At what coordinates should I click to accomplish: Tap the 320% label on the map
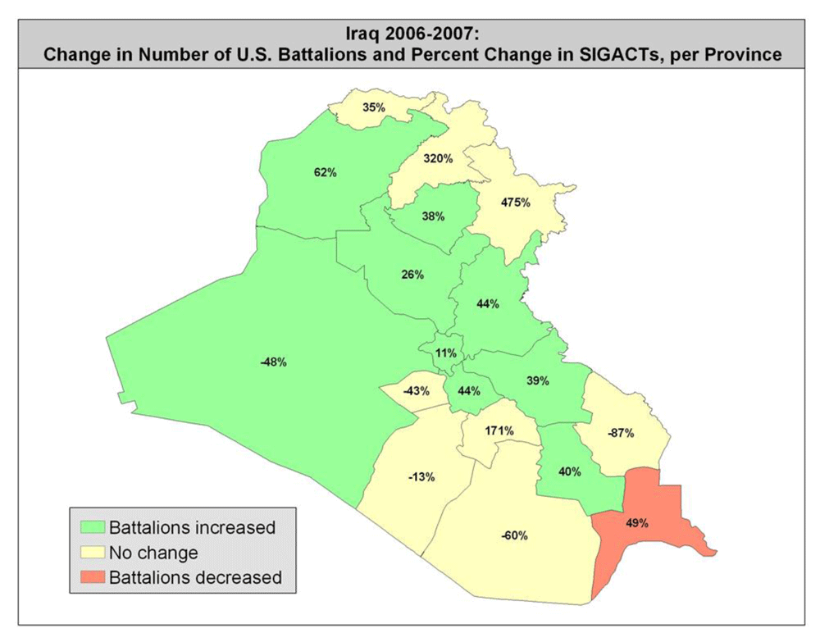click(438, 158)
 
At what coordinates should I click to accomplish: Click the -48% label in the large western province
click(272, 362)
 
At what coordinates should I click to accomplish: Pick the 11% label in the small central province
click(445, 353)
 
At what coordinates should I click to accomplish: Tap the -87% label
click(620, 433)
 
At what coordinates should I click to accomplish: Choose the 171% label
click(499, 430)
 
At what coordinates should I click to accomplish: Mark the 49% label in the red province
click(637, 522)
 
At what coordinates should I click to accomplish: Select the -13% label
click(421, 476)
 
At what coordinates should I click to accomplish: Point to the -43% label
click(417, 391)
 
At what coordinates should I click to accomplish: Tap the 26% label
click(412, 275)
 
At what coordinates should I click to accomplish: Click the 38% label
click(433, 216)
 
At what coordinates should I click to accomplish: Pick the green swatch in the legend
click(91, 526)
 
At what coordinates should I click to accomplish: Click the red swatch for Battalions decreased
click(91, 577)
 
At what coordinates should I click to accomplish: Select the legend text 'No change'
click(153, 552)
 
